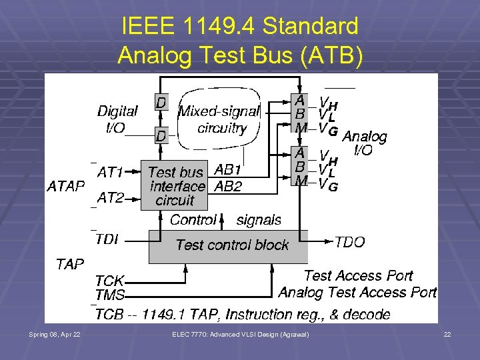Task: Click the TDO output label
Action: [349, 242]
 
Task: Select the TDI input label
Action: [107, 239]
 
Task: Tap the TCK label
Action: [109, 281]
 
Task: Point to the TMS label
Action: [110, 294]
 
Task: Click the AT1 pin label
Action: [111, 173]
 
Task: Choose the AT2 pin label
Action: [111, 197]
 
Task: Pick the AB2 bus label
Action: [228, 187]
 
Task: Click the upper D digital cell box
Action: [161, 103]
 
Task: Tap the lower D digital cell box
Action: [161, 135]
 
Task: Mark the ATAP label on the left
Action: [66, 186]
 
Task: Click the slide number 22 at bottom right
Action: [447, 333]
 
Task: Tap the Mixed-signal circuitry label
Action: [222, 120]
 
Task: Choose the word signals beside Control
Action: [259, 219]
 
